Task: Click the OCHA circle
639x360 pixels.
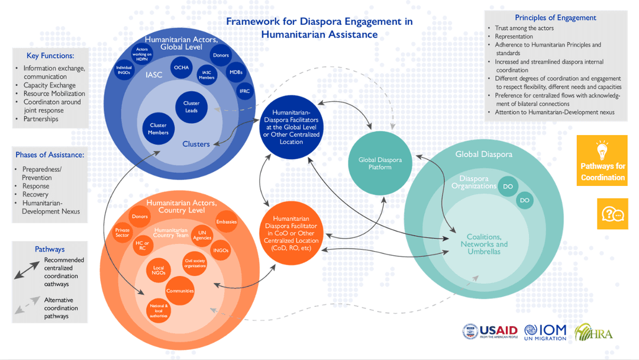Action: pos(181,67)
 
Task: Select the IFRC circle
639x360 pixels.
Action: pos(244,91)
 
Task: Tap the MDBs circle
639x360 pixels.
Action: pos(236,72)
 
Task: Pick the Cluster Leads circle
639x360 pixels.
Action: pos(191,107)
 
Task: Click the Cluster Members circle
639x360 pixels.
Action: pos(159,128)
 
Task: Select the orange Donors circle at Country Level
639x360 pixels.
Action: pos(140,217)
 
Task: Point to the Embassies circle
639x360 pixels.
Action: pos(226,222)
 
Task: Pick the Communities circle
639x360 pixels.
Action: pos(180,291)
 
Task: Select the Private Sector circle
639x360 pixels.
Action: pos(122,233)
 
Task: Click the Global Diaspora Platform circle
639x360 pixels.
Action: pos(379,163)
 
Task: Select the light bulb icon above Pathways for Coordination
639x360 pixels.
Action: pos(602,150)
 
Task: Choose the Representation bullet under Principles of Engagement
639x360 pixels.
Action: pos(514,36)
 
